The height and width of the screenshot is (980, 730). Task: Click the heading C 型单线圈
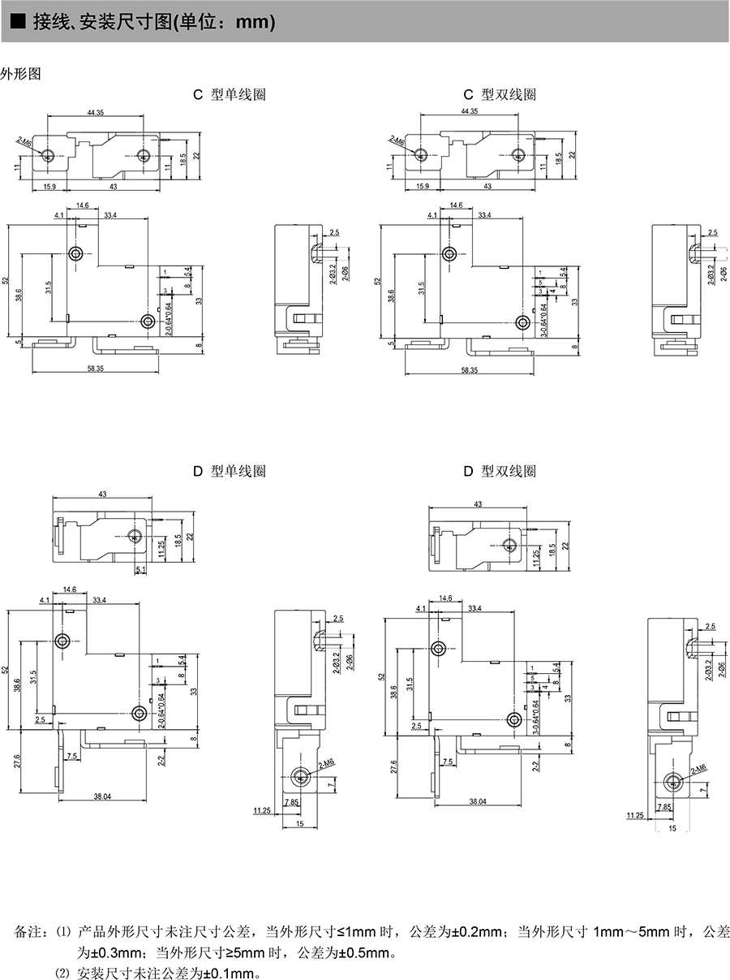[x=229, y=94]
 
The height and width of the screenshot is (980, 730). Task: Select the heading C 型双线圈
[x=500, y=94]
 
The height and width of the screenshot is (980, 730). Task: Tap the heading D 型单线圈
[x=229, y=471]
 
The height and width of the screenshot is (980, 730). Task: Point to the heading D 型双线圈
[x=500, y=471]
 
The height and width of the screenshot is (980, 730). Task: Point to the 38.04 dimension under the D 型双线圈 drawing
[x=478, y=801]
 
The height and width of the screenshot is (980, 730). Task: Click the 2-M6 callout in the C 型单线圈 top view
[x=24, y=142]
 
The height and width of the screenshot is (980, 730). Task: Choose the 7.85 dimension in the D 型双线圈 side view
[x=664, y=807]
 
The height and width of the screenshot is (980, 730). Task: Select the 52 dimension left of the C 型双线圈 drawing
[x=379, y=281]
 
